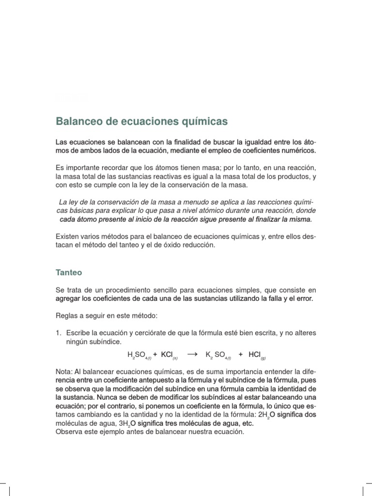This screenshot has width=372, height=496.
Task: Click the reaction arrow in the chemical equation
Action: pos(192,355)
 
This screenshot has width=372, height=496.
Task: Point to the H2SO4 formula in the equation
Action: pos(139,356)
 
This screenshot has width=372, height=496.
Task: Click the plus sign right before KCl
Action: pos(155,355)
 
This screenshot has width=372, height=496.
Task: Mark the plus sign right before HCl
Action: pos(241,355)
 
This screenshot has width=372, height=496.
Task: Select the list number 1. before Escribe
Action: pos(59,333)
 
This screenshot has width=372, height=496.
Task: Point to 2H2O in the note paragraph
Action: pos(265,415)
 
